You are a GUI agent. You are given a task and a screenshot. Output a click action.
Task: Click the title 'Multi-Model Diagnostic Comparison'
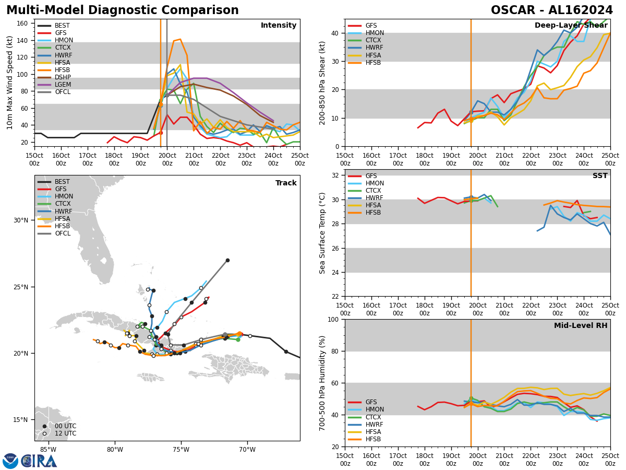click(122, 10)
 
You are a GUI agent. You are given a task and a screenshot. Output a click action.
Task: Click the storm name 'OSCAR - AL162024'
click(552, 10)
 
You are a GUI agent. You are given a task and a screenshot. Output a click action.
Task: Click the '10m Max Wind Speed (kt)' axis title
click(10, 83)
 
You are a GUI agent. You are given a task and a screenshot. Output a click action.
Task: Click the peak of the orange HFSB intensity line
click(180, 39)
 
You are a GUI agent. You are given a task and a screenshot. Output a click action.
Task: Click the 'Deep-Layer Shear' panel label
click(571, 26)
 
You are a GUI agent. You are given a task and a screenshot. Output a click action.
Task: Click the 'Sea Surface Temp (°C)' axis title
click(322, 233)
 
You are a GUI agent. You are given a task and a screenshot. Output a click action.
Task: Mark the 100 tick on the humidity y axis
click(334, 319)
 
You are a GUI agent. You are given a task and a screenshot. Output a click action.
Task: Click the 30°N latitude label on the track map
click(21, 220)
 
